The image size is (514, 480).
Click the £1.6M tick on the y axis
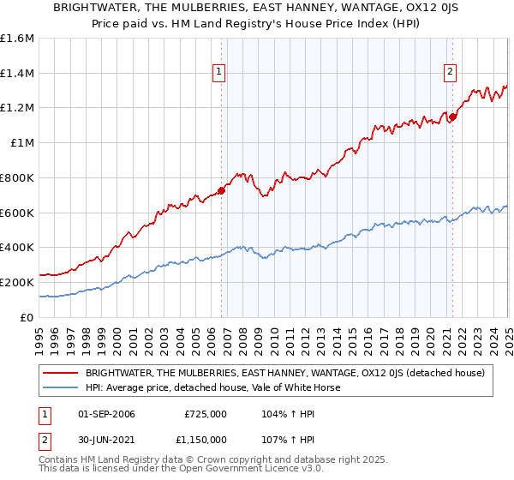click(17, 39)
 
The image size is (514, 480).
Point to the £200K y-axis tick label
click(17, 282)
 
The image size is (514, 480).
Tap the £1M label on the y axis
click(22, 143)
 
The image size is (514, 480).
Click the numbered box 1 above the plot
click(220, 73)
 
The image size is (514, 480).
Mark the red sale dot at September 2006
click(221, 190)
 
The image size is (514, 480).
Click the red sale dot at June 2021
click(452, 117)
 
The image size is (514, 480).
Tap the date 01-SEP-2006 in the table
click(106, 414)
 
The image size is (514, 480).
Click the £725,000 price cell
click(205, 414)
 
